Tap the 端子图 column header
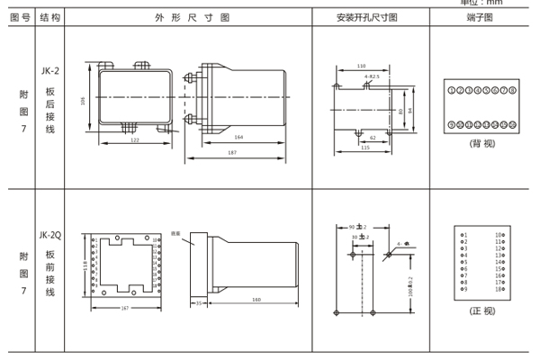coord(481,17)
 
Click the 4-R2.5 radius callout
coord(371,77)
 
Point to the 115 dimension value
coord(365,147)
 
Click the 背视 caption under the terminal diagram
coord(481,142)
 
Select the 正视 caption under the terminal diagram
coord(481,310)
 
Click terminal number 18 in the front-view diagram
coord(498,289)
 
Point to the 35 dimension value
coord(199,304)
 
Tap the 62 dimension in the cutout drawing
coord(371,137)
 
